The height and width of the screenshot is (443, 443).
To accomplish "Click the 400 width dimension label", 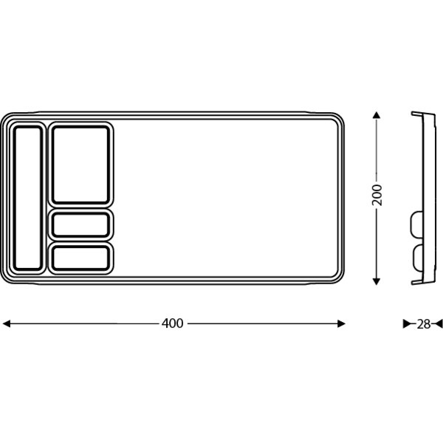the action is tap(172, 323).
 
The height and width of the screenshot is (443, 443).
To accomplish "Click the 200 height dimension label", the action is tap(377, 195).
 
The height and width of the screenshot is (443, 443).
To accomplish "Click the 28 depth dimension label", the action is tap(423, 324).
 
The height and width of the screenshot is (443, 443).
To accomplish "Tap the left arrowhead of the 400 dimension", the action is tap(6, 323).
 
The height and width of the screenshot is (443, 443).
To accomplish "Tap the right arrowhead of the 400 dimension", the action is tap(341, 323).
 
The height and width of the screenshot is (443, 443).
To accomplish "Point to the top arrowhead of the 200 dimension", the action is tap(377, 115).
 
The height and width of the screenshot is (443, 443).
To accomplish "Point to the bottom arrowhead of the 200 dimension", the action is tap(377, 281).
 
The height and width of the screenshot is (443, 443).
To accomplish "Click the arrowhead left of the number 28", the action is tap(407, 324).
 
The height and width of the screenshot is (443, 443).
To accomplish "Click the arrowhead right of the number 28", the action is tap(439, 324).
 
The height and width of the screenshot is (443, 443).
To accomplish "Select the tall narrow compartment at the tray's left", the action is tap(28, 198).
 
